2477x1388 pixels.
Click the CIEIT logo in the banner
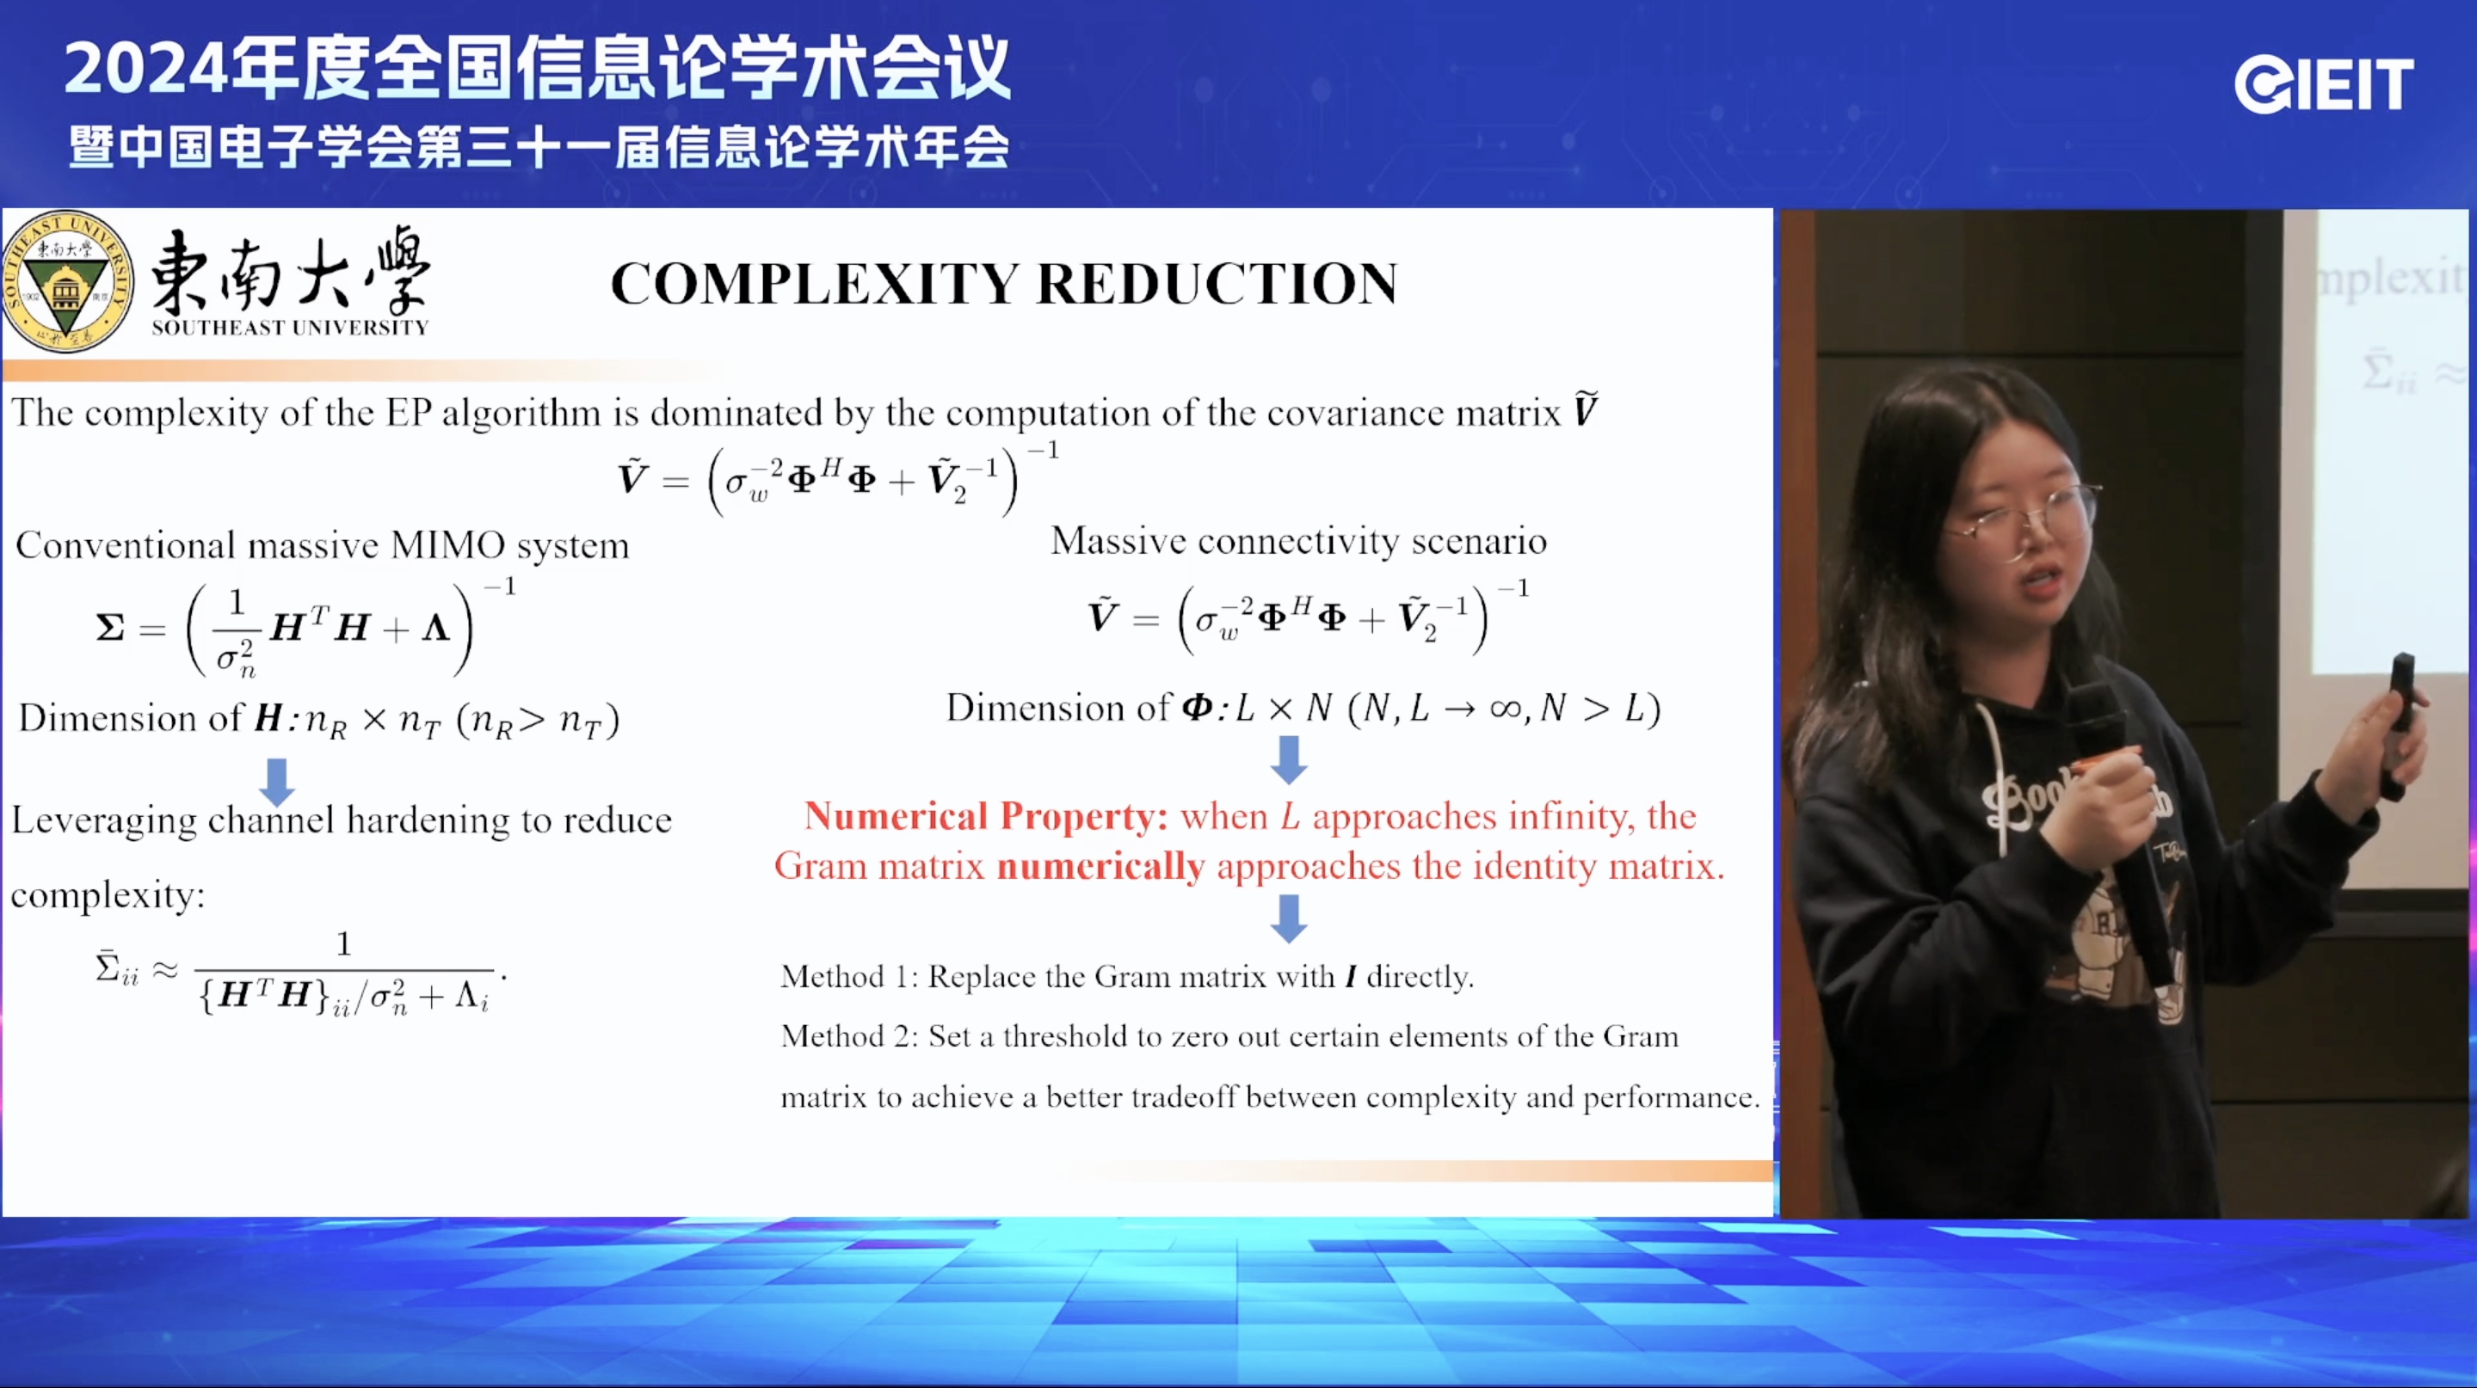coord(2323,84)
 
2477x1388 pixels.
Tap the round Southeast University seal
coord(67,281)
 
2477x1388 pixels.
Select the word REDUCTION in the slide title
coord(1217,285)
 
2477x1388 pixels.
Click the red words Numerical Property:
coord(986,816)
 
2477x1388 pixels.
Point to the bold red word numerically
coord(1100,866)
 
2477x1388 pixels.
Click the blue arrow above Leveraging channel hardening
coord(277,781)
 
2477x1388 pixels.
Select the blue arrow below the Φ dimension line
coord(1289,759)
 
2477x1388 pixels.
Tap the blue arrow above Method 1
coord(1289,918)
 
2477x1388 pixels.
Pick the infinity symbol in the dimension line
coord(1505,709)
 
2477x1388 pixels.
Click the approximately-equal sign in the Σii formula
coord(165,970)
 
